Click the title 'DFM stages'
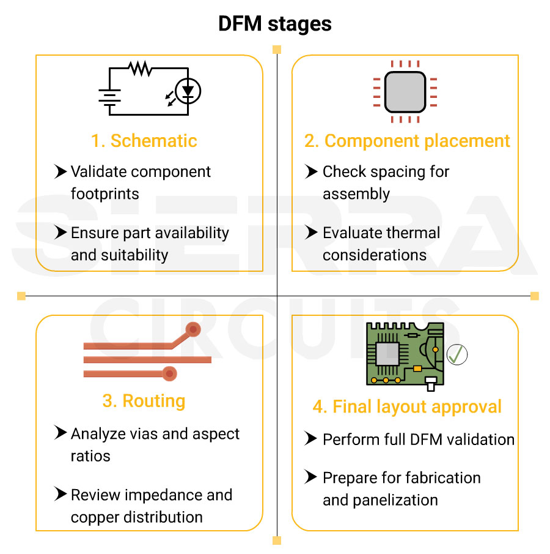[275, 24]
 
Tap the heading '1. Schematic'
[144, 141]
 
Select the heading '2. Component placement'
[407, 141]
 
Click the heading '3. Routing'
[144, 401]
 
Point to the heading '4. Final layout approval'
[407, 406]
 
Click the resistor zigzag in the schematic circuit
[141, 69]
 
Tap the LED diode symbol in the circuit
[188, 91]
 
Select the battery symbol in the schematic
[109, 95]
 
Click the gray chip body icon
[405, 91]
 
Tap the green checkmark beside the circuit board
[457, 354]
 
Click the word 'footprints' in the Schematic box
[105, 194]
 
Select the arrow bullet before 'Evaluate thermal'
[312, 233]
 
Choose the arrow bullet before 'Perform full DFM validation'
[312, 440]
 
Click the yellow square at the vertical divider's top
[277, 50]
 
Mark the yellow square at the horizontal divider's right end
[534, 296]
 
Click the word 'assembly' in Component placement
[356, 194]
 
